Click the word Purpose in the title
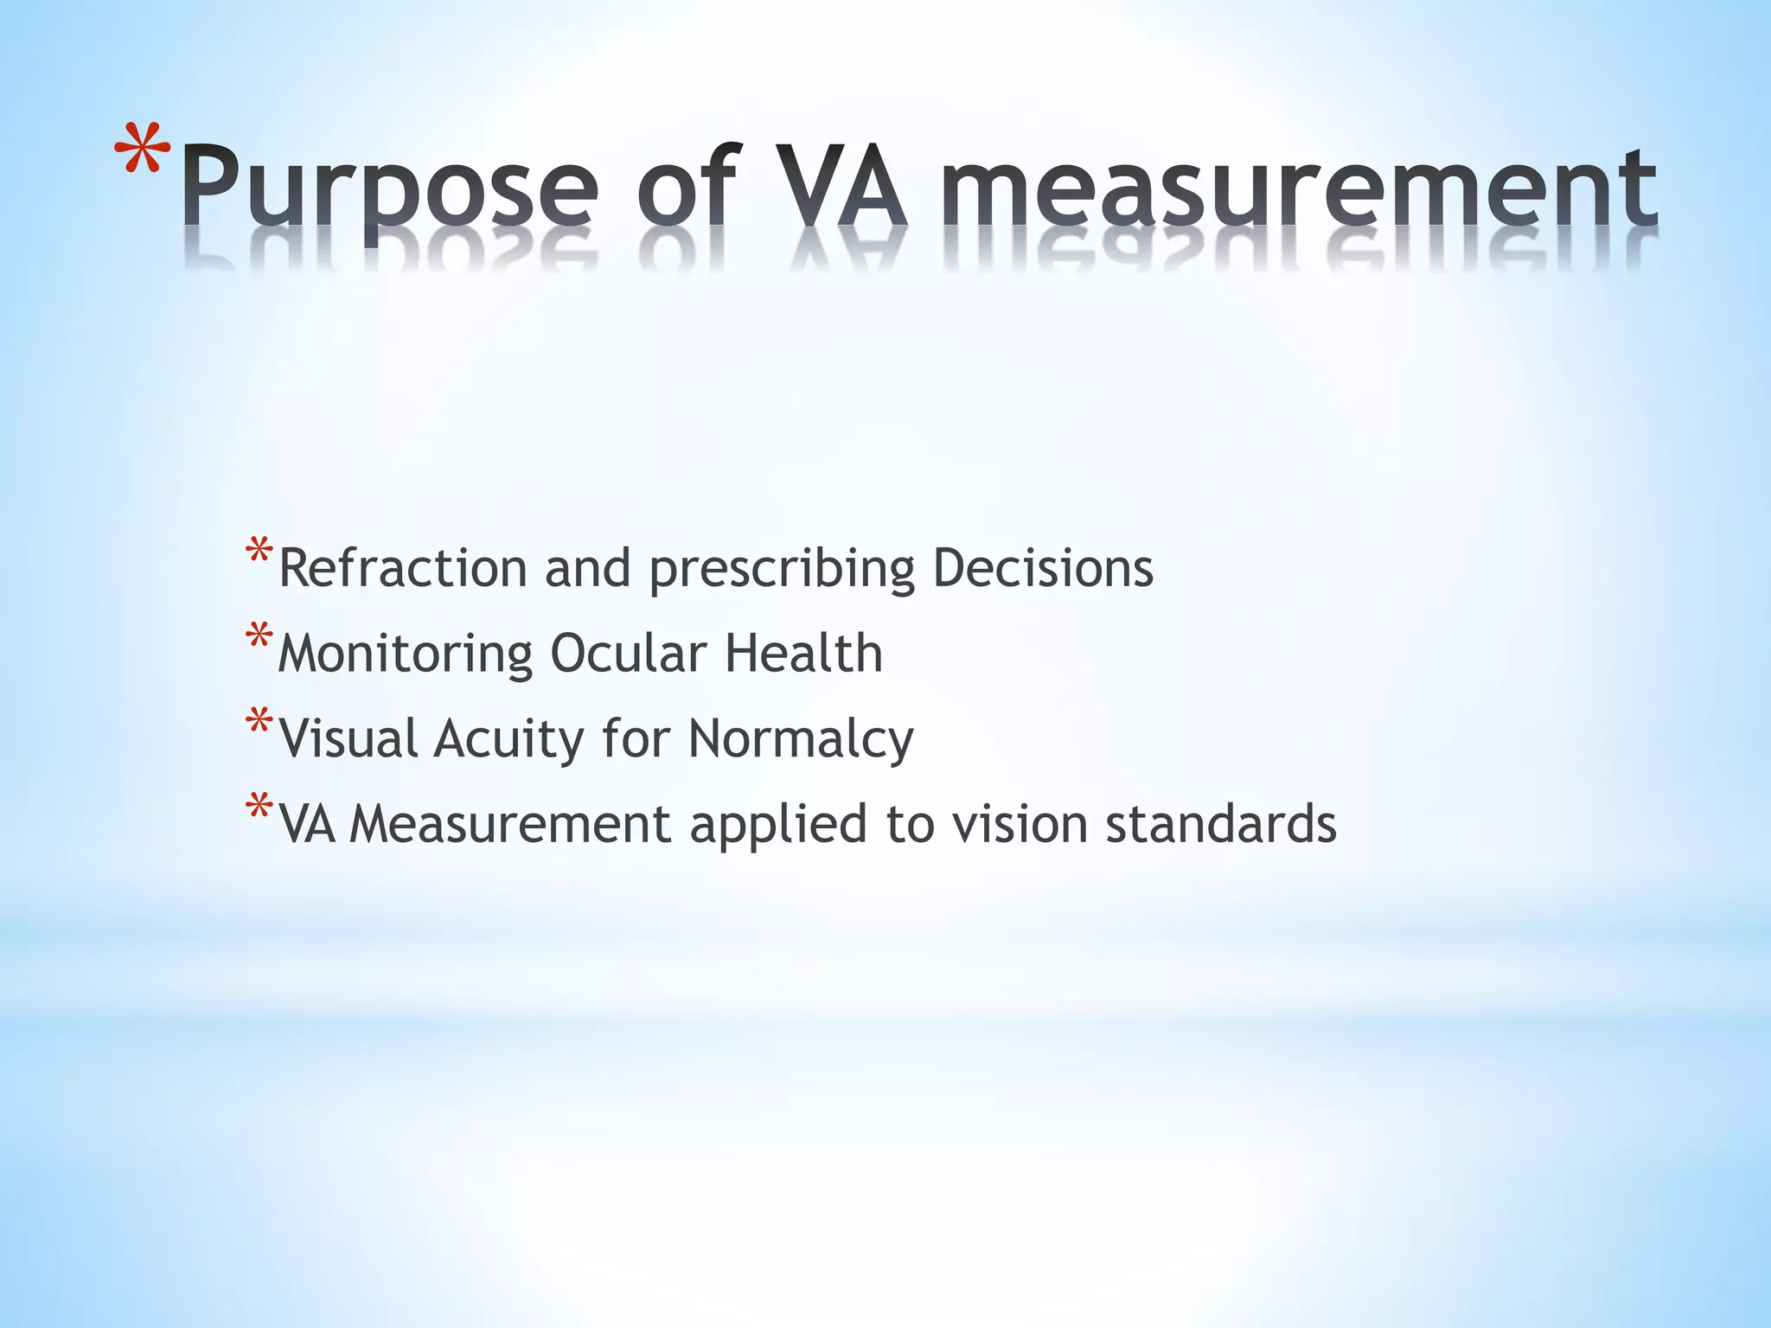(389, 188)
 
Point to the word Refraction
(402, 568)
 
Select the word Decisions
(1043, 568)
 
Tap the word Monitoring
(405, 654)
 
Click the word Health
(803, 653)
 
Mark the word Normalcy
(801, 740)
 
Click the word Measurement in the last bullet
(510, 823)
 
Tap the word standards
(1221, 823)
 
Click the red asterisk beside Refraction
(259, 551)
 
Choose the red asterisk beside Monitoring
(259, 635)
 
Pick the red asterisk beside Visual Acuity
(259, 720)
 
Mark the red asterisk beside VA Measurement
(259, 806)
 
